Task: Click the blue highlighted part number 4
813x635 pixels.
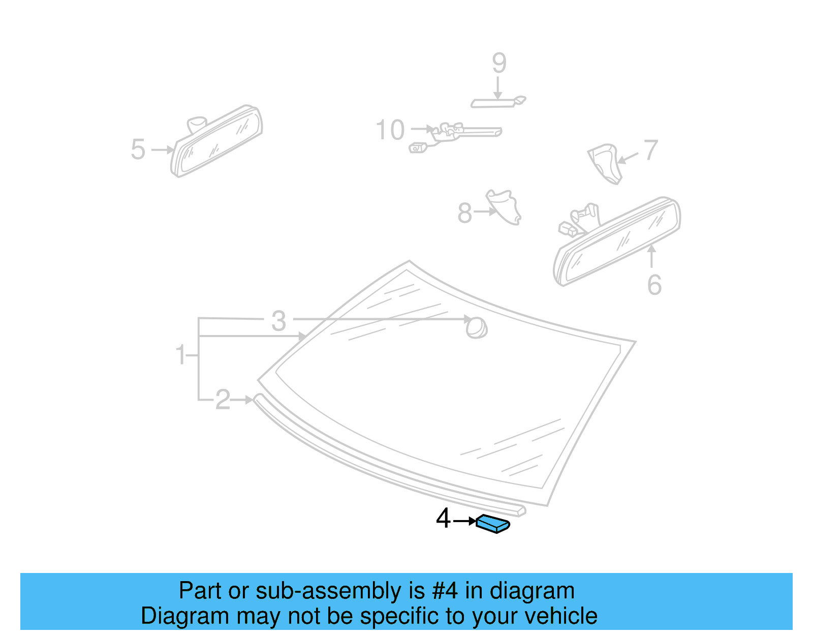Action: click(492, 524)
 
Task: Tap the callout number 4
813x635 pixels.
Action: click(443, 519)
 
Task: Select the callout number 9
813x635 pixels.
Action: click(499, 63)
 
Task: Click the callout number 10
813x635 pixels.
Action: click(390, 130)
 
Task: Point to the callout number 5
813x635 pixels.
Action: click(138, 150)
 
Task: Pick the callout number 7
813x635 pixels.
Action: click(651, 150)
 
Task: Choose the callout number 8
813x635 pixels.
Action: click(464, 213)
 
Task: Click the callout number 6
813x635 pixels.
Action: click(654, 285)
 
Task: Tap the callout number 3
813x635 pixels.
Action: click(278, 321)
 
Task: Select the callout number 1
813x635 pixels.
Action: click(180, 354)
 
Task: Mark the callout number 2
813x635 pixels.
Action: click(223, 400)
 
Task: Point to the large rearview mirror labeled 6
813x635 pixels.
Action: click(617, 241)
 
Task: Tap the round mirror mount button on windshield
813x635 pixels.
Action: click(477, 328)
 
